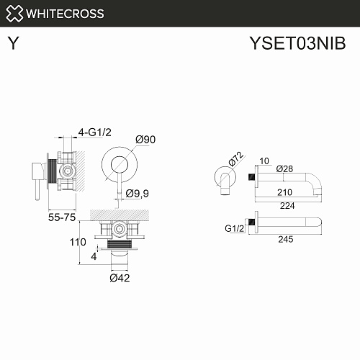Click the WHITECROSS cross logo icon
point(14,14)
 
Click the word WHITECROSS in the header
point(65,14)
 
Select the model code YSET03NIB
point(297,43)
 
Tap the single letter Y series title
point(13,43)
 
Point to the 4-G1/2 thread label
point(95,132)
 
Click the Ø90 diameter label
point(145,140)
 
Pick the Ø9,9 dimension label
point(138,193)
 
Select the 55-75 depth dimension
point(62,217)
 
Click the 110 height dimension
point(78,242)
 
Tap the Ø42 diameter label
point(120,278)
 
